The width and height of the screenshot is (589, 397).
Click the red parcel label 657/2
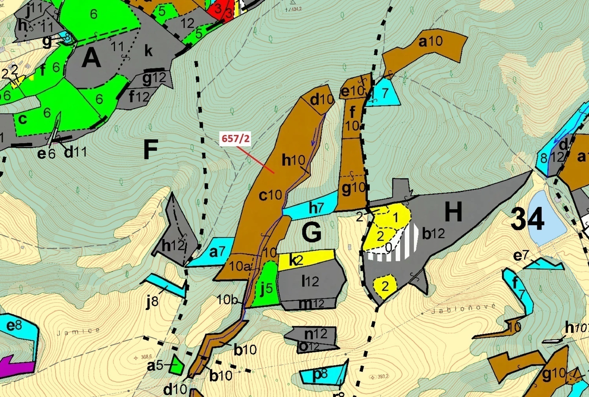point(235,139)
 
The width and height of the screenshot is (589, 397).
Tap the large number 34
point(527,219)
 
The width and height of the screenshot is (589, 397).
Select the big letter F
point(151,149)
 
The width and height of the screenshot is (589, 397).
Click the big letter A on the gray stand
point(91,58)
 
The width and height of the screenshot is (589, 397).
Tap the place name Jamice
point(78,331)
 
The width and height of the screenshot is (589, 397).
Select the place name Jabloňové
point(464,308)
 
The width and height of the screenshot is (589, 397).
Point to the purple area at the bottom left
point(17,366)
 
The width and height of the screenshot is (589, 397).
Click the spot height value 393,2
point(382,377)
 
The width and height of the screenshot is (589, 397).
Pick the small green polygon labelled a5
point(177,365)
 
